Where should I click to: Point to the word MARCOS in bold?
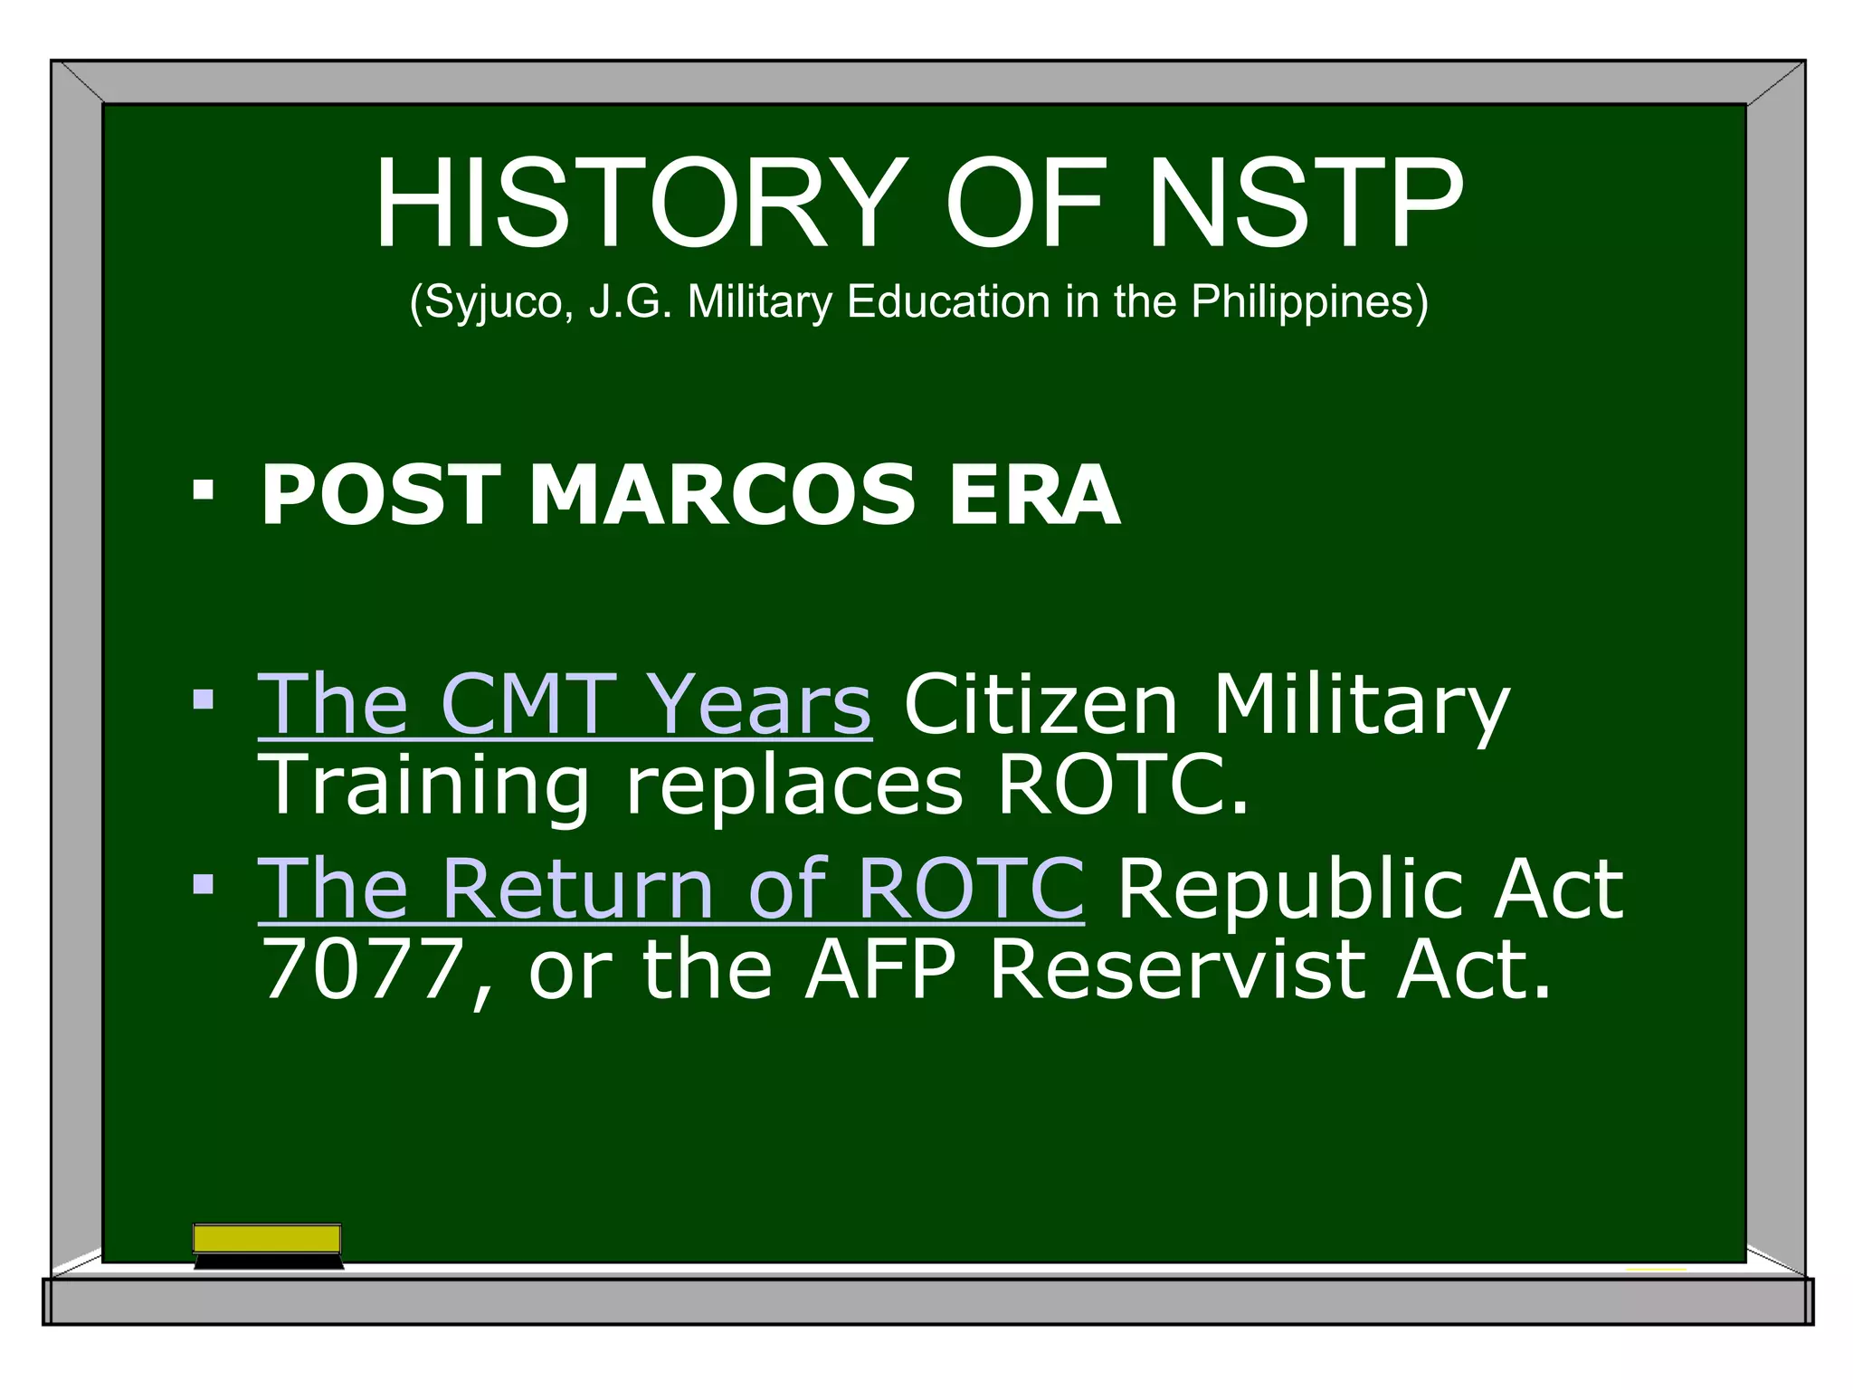point(721,495)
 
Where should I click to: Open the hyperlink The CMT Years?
point(565,705)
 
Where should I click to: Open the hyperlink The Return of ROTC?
point(670,890)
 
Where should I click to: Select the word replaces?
point(794,785)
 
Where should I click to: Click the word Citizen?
point(1041,705)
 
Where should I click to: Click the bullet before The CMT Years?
point(204,699)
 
